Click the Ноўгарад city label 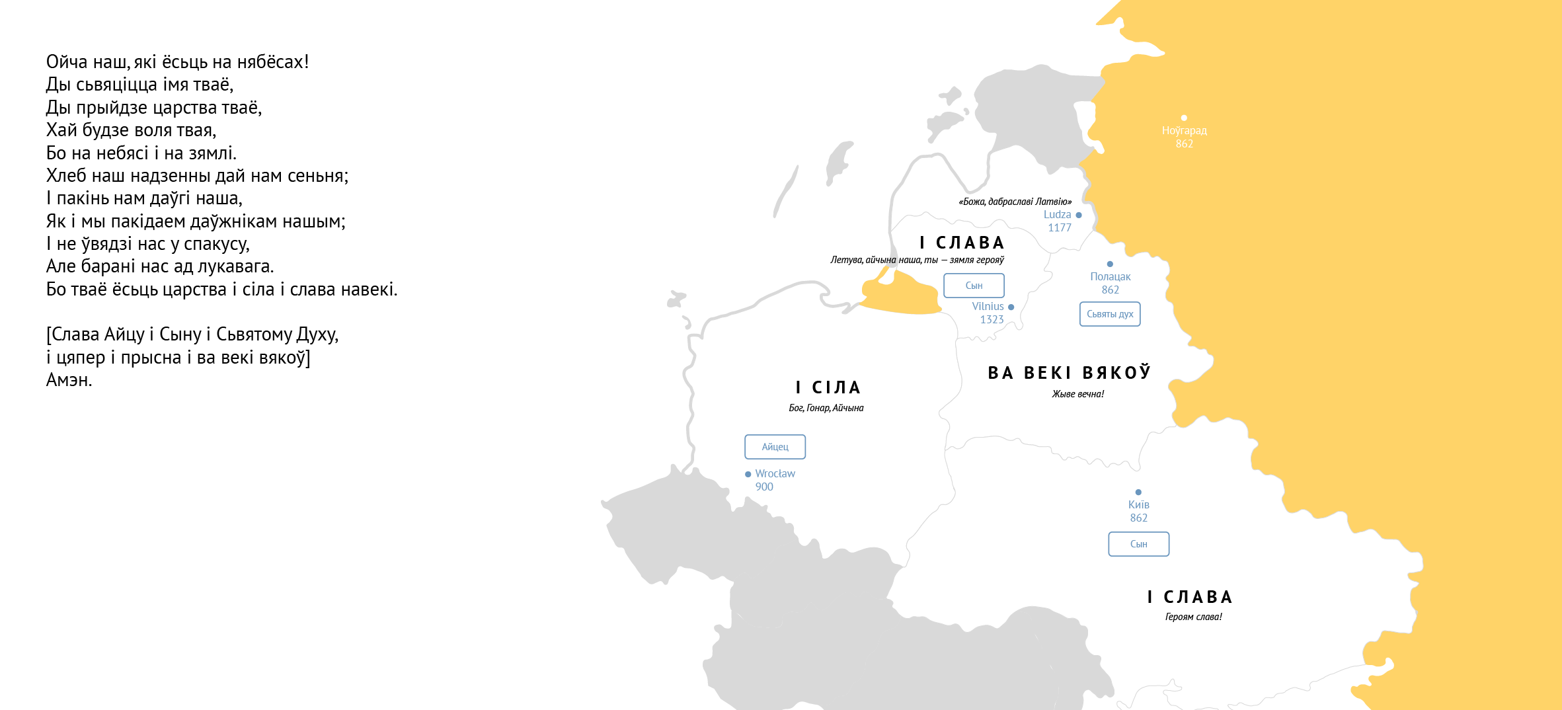1184,131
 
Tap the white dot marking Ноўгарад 1184,118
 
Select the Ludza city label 1057,215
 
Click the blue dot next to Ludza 1079,215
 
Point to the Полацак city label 1110,277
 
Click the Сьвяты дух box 1110,314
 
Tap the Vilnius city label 988,307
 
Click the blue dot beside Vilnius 1011,307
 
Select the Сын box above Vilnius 974,286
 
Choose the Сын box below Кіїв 1138,544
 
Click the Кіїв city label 1138,505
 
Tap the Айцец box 775,447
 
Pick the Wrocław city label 775,474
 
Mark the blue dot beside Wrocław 748,474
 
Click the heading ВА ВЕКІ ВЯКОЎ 1069,374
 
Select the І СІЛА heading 828,387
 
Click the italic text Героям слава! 1193,617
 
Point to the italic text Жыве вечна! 1077,394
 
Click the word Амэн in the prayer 69,380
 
